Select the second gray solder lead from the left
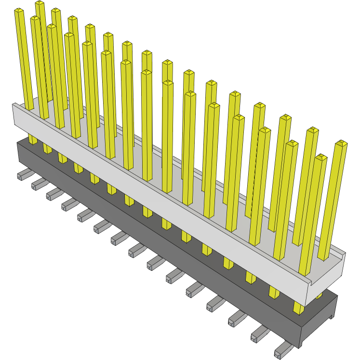pyautogui.click(x=37, y=184)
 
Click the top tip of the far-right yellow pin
pyautogui.click(x=341, y=143)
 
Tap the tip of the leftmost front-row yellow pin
pyautogui.click(x=19, y=11)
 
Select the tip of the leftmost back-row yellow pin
pyautogui.click(x=40, y=3)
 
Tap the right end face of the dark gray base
pyautogui.click(x=318, y=320)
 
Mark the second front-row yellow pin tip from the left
pyautogui.click(x=35, y=19)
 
